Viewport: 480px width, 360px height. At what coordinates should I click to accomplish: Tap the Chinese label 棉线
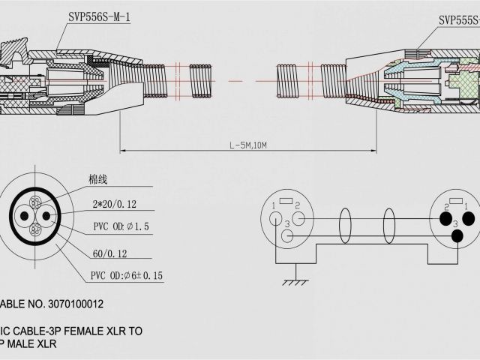pyautogui.click(x=98, y=181)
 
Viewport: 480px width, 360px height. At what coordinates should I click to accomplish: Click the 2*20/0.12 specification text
pyautogui.click(x=114, y=204)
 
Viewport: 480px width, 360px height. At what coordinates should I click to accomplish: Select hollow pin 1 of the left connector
pyautogui.click(x=277, y=218)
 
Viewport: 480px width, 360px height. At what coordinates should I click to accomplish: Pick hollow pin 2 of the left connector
pyautogui.click(x=298, y=218)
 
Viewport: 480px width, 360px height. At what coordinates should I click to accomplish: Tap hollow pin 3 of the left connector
pyautogui.click(x=288, y=235)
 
